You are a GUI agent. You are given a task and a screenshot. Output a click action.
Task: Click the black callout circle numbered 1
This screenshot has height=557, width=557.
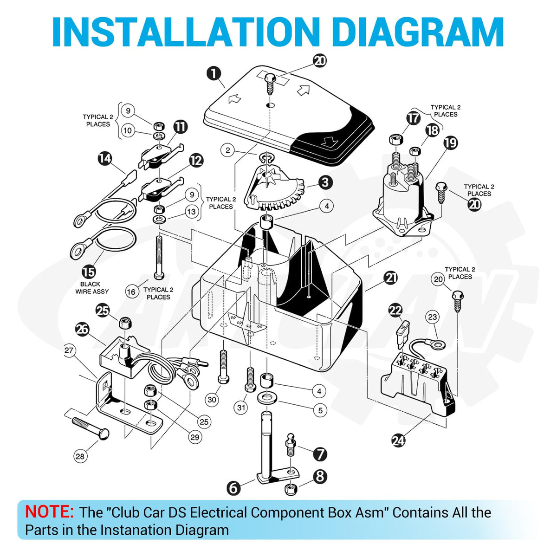tap(214, 74)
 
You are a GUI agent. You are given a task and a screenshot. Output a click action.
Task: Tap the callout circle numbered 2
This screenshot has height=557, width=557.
tap(228, 150)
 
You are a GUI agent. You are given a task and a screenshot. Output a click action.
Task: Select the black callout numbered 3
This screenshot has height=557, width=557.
tap(325, 183)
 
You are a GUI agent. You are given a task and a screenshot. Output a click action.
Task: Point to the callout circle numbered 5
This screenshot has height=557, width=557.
tap(320, 410)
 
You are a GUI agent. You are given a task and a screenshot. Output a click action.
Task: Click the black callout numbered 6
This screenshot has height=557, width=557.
tap(233, 488)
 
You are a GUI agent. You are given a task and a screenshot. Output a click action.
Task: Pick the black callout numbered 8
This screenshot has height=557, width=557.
tap(320, 476)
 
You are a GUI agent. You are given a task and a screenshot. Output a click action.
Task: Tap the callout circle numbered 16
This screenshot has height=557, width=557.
tap(131, 291)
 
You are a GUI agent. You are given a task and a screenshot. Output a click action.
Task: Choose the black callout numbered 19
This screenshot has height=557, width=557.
tap(451, 142)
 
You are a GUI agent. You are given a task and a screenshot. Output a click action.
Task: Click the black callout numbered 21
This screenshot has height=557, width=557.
tap(391, 278)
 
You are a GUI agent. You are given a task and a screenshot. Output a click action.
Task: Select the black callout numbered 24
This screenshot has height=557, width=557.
tap(399, 441)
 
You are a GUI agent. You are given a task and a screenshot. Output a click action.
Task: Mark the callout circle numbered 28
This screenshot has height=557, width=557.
tap(80, 456)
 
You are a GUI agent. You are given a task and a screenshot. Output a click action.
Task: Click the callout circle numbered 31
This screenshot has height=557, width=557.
tap(241, 408)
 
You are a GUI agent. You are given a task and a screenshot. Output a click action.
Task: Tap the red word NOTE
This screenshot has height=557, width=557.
tap(49, 512)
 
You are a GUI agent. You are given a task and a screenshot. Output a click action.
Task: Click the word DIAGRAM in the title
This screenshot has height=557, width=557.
tap(419, 32)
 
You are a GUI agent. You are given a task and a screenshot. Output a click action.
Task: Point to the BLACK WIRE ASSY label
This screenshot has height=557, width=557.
tap(92, 288)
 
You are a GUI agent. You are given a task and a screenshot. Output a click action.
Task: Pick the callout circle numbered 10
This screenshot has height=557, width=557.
tap(128, 130)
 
